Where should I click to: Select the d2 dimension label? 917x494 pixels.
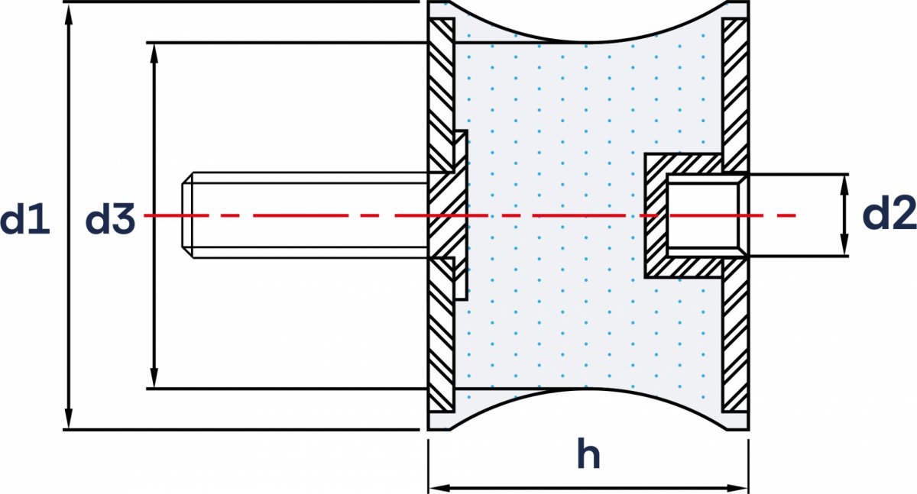tap(889, 217)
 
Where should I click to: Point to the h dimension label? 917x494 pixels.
tap(588, 456)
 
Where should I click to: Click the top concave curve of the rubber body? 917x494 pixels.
tap(588, 40)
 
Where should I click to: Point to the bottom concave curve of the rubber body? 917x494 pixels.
tap(588, 391)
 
